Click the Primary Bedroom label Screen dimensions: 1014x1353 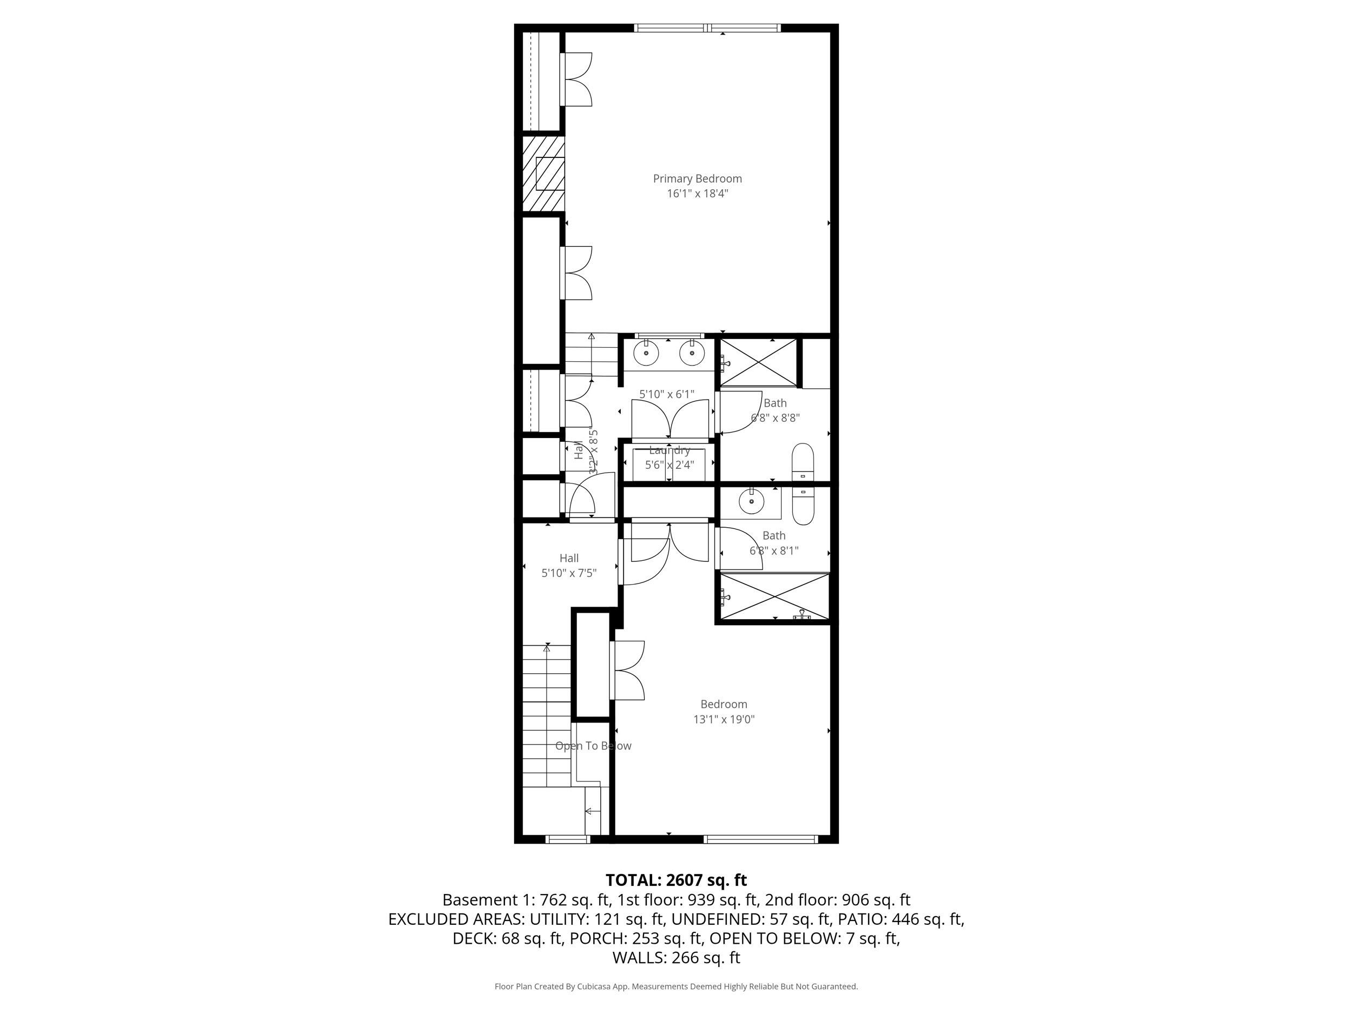(x=697, y=178)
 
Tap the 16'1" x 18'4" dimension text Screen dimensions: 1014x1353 (x=697, y=194)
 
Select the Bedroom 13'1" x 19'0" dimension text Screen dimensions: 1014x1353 (x=724, y=719)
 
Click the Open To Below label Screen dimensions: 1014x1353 (x=593, y=746)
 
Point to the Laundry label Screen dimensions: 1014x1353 (x=669, y=450)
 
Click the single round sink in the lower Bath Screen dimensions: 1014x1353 (x=751, y=502)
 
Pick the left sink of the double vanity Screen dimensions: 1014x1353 (x=646, y=353)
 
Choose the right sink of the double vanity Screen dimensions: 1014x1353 (x=692, y=353)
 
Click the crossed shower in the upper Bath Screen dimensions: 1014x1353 (x=758, y=362)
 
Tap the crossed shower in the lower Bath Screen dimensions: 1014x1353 (x=774, y=597)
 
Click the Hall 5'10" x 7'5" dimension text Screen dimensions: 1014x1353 (x=569, y=573)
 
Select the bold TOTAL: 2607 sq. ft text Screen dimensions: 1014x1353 (x=676, y=880)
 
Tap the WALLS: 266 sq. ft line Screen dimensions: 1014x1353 (x=676, y=958)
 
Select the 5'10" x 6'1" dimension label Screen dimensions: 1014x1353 (x=667, y=394)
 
